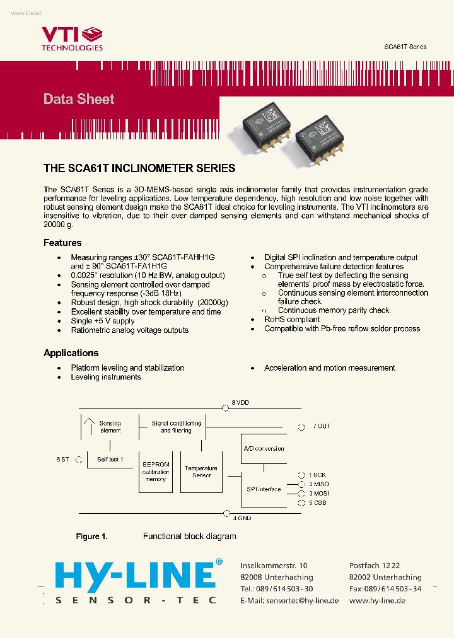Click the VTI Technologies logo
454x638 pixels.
72,38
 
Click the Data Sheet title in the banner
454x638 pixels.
79,99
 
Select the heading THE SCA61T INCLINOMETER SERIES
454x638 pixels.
139,168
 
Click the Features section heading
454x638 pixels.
62,243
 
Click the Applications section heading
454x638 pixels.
71,353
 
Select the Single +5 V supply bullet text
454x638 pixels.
103,321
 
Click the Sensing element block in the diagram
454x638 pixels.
110,427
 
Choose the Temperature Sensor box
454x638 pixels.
201,472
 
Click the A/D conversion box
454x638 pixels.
264,449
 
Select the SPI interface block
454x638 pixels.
264,489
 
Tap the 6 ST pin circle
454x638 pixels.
79,460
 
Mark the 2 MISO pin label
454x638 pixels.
318,484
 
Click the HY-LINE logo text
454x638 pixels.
135,576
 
